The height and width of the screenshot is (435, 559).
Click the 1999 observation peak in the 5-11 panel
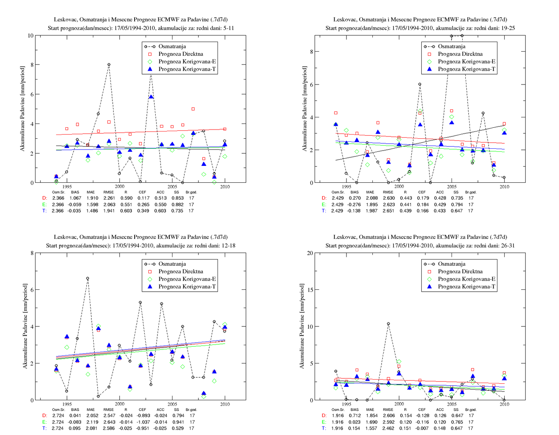point(109,65)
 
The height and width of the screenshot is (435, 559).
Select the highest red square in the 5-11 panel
point(193,109)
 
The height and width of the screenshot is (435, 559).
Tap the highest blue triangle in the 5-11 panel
point(151,97)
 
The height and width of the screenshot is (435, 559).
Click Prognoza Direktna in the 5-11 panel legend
point(180,54)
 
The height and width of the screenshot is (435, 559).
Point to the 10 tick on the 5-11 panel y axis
point(31,36)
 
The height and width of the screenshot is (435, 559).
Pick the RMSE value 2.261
point(109,198)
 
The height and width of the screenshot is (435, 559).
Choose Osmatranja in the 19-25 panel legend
point(452,46)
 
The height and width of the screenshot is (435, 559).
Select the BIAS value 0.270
point(354,198)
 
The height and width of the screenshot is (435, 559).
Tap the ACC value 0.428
point(440,198)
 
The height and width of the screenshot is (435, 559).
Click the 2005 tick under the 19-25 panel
point(452,187)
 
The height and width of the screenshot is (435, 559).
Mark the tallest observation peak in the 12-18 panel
point(88,278)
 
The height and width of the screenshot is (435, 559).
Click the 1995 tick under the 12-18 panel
point(67,404)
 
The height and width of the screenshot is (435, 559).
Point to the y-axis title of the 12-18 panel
point(25,326)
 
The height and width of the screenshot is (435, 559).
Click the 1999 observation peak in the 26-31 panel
point(388,324)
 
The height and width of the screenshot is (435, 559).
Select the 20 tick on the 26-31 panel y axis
point(310,253)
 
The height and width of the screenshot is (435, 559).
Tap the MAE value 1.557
point(370,428)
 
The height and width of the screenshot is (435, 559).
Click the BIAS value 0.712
point(354,416)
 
